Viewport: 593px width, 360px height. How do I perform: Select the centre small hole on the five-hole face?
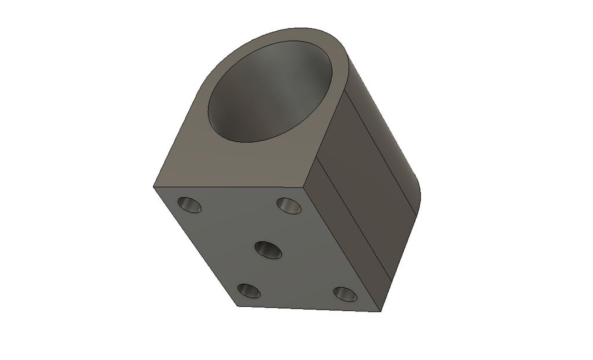tap(268, 250)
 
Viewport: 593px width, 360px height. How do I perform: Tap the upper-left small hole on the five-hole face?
tap(189, 204)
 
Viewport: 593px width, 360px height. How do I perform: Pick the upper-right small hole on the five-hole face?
tap(289, 205)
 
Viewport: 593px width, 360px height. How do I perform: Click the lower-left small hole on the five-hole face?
tap(249, 291)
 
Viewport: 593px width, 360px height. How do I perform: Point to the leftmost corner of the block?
tap(153, 186)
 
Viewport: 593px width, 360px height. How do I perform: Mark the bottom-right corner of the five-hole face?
tap(380, 311)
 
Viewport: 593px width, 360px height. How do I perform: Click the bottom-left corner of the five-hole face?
tap(239, 305)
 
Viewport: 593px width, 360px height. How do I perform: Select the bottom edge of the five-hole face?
tap(310, 308)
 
